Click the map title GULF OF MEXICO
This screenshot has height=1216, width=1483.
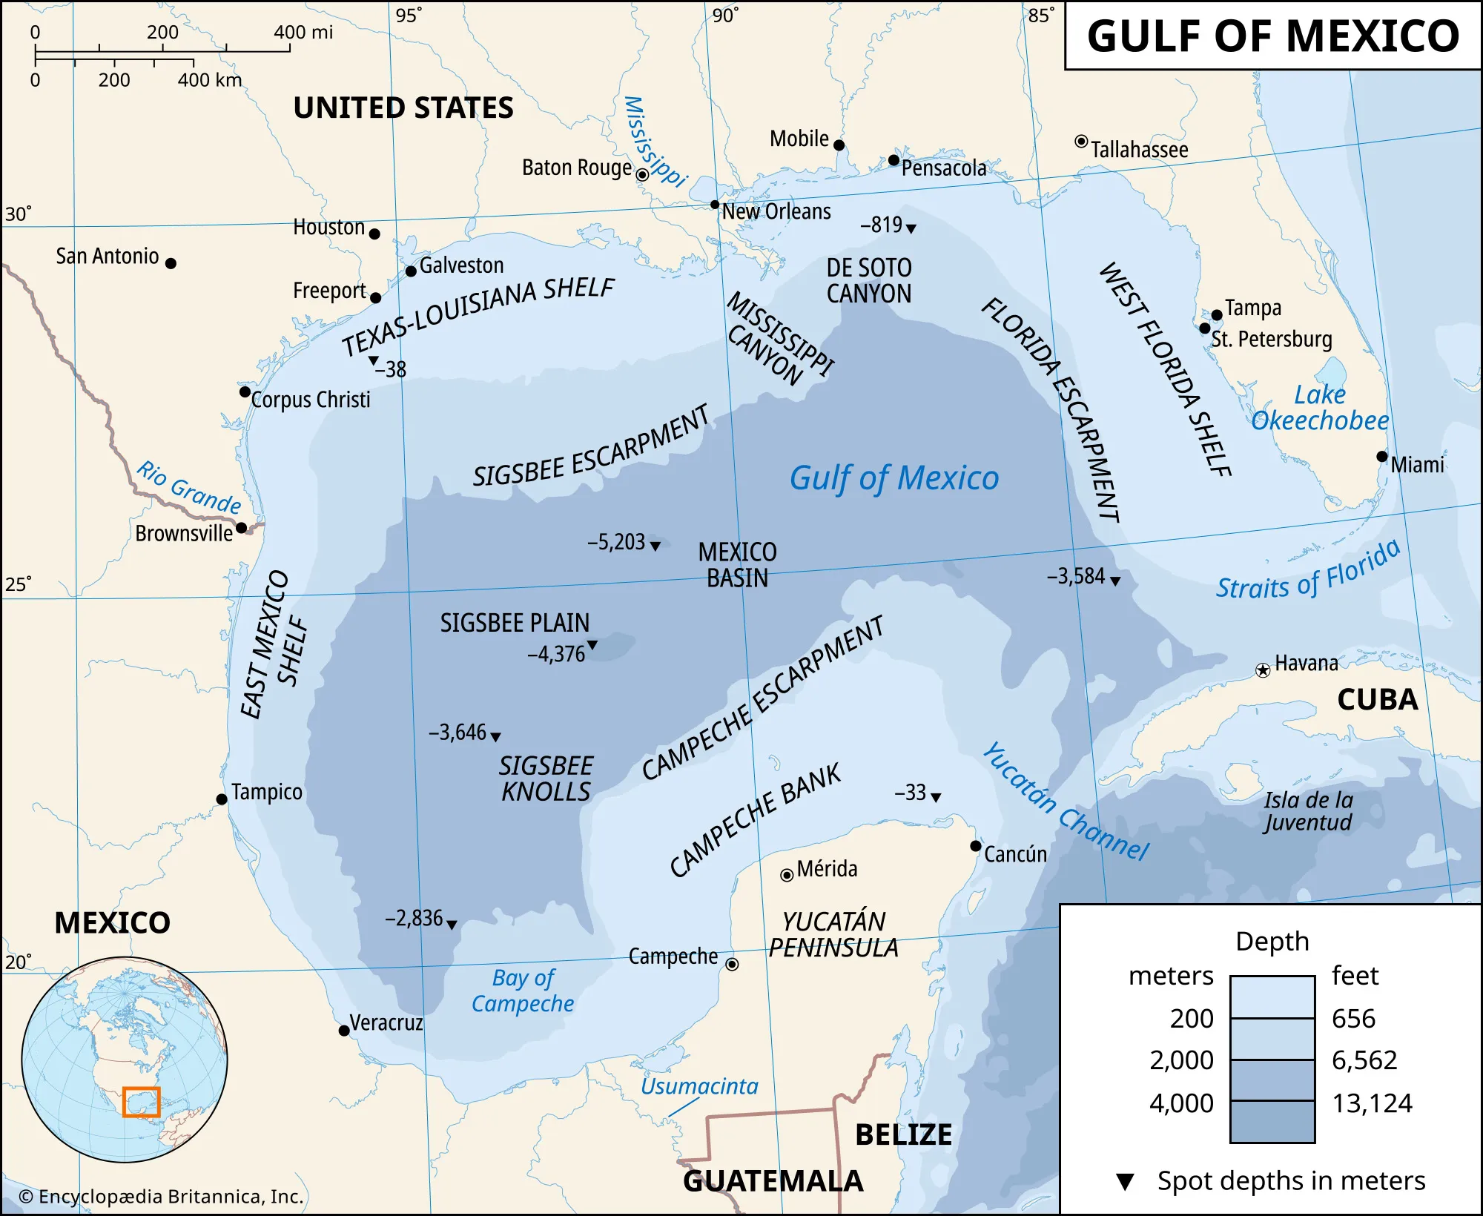(1272, 36)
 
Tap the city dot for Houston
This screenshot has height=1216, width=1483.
(374, 234)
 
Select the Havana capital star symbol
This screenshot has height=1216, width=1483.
(1262, 671)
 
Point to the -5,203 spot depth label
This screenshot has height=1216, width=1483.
(616, 542)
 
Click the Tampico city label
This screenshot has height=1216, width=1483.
(266, 792)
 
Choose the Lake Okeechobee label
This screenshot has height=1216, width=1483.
(1320, 408)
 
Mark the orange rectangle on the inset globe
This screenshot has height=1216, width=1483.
(141, 1102)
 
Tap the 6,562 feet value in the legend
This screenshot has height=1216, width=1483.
(1364, 1060)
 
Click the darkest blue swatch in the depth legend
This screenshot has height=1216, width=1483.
(1272, 1122)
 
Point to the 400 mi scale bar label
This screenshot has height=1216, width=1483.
(303, 33)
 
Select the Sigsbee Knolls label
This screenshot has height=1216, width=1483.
(546, 779)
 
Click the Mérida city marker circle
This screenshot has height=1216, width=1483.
(787, 876)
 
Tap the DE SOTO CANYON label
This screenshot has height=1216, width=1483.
(869, 280)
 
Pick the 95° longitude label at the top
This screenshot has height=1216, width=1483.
(409, 15)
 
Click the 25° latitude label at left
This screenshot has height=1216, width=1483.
(19, 584)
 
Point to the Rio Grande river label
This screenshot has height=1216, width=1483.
(188, 487)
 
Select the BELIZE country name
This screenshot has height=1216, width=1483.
(903, 1135)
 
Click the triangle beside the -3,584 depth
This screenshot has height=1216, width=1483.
(1115, 581)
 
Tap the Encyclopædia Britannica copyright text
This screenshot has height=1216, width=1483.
(161, 1197)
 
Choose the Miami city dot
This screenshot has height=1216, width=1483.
(1381, 457)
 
